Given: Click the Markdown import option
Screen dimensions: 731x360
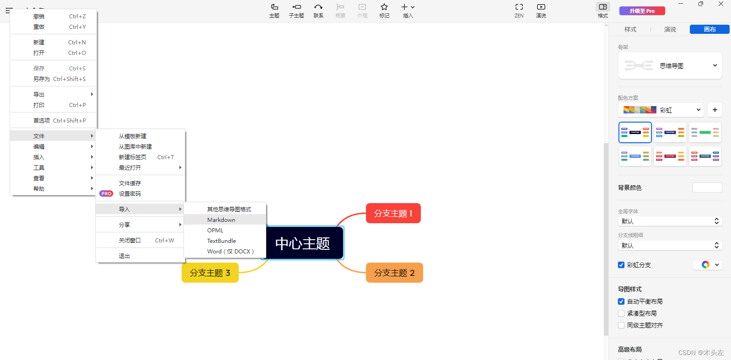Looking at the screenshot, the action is (221, 220).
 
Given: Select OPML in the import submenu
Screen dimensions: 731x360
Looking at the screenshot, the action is (215, 231).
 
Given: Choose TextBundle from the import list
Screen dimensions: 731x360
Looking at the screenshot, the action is (221, 241).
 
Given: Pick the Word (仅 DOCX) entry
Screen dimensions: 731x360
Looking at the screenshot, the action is (230, 252).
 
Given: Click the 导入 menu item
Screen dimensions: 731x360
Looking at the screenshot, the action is (124, 210).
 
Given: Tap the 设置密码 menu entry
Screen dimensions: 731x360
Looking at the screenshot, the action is (130, 194).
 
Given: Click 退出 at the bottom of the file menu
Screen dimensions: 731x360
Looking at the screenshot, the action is (124, 256).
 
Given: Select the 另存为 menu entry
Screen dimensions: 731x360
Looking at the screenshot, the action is (42, 79).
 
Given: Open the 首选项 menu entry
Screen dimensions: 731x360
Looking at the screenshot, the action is (42, 121).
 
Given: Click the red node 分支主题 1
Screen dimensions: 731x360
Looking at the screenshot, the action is (393, 214).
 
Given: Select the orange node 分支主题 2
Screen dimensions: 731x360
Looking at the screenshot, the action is (394, 273).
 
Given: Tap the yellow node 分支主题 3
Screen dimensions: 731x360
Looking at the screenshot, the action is (210, 273).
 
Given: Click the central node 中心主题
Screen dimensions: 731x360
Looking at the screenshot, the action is (302, 243).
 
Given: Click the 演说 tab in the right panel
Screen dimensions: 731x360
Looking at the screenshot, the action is (670, 30).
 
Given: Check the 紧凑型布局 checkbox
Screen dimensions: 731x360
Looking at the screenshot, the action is (621, 313).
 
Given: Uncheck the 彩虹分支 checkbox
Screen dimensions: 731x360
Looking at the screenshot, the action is (621, 265).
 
